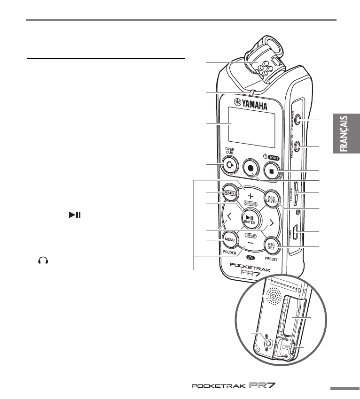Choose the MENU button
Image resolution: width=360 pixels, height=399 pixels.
pos(229,239)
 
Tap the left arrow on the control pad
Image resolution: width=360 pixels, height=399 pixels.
pos(229,217)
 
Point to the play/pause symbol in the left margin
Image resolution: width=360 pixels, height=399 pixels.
pos(75,215)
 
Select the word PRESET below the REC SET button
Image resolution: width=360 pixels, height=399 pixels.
pos(272,258)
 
